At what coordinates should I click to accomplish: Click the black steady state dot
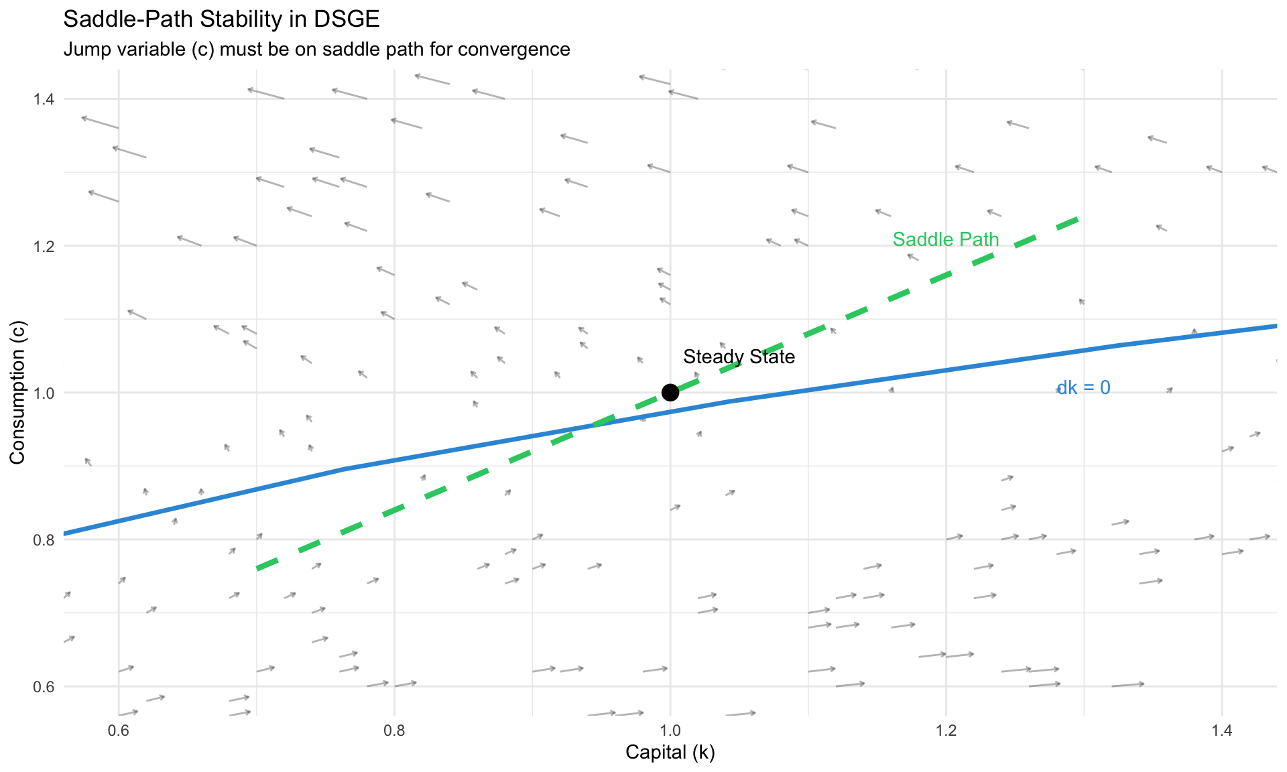670,393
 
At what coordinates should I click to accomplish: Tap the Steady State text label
739,357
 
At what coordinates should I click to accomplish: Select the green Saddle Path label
945,239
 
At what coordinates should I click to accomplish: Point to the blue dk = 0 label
1083,387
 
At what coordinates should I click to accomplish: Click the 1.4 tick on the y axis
44,99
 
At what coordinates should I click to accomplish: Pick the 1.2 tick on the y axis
44,246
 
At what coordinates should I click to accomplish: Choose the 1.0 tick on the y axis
44,393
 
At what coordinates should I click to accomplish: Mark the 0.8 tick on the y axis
44,539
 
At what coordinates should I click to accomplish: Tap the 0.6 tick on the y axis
44,686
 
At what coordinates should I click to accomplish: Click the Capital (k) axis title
670,753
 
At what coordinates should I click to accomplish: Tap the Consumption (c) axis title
17,392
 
